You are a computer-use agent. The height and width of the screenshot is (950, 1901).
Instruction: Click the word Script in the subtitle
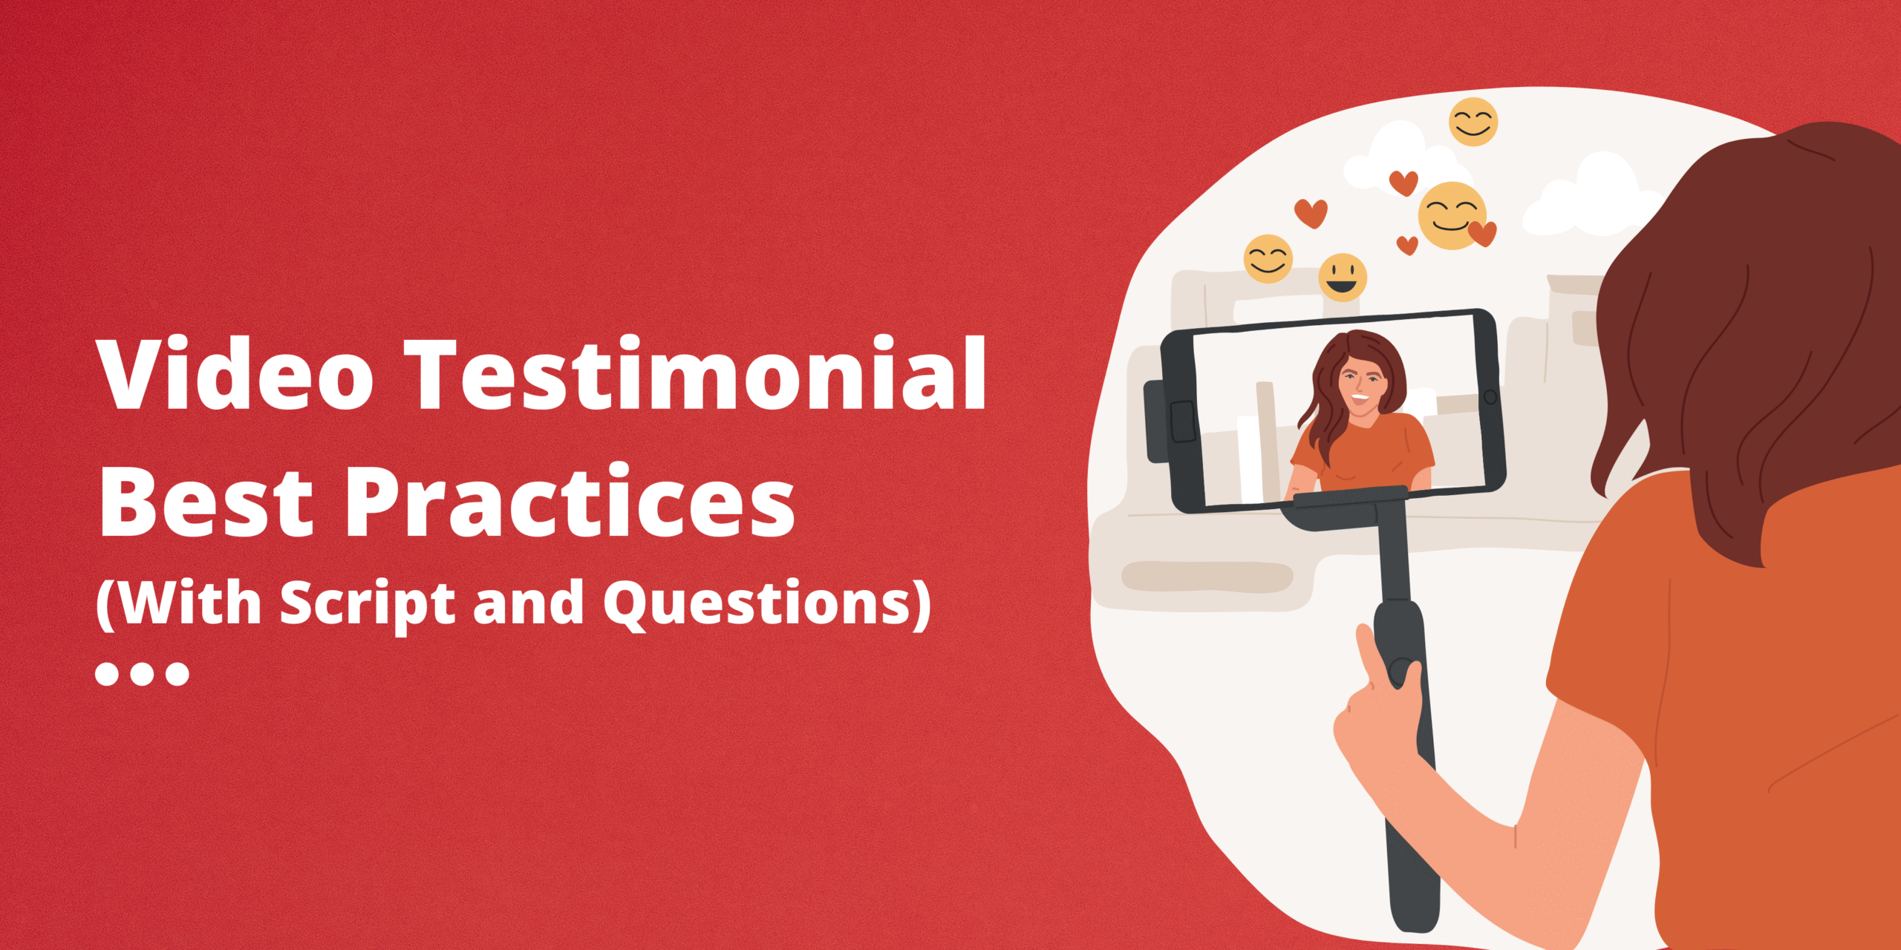click(367, 603)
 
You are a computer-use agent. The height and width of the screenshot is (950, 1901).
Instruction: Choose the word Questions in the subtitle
click(758, 603)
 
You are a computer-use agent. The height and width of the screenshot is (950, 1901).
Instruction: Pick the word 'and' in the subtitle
click(528, 602)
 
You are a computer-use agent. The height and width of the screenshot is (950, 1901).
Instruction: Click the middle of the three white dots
click(142, 673)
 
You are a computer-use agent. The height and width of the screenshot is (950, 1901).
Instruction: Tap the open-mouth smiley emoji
click(1343, 277)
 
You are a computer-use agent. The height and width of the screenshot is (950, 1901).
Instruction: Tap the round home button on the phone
click(1489, 397)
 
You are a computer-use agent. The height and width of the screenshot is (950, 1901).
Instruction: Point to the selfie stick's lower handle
click(1411, 854)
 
